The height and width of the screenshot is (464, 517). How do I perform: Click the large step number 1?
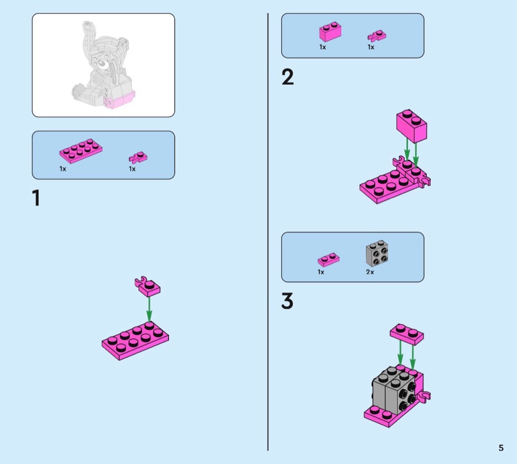(x=36, y=198)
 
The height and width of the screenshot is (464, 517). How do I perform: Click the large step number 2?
(x=288, y=77)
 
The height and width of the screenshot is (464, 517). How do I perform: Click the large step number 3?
(x=287, y=301)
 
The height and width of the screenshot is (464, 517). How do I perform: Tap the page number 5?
(x=501, y=448)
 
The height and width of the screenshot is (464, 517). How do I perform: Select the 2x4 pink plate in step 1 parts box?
(x=81, y=151)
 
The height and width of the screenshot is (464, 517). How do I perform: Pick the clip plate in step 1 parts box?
(x=138, y=157)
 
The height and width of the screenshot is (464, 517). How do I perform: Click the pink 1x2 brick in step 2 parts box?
(x=330, y=32)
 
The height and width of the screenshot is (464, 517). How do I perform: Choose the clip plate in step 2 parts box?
(x=377, y=36)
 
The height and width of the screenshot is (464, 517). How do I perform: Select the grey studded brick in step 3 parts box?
(x=377, y=253)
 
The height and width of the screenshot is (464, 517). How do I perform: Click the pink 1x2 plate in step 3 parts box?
(x=328, y=260)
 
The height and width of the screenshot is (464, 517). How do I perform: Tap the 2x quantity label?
(x=370, y=272)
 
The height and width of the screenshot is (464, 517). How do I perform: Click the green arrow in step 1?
(x=149, y=309)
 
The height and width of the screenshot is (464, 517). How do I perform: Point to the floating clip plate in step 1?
(x=147, y=286)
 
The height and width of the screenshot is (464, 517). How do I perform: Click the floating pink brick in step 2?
(x=412, y=126)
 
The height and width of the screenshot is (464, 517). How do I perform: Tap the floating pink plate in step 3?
(x=407, y=334)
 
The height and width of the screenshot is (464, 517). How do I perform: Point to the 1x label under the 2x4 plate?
(x=63, y=169)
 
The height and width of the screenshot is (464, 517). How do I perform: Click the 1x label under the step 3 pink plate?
(x=321, y=272)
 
